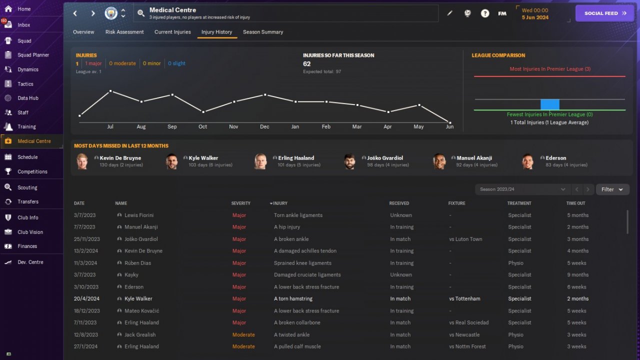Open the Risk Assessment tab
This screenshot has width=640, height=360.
124,32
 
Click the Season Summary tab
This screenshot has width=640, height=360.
263,32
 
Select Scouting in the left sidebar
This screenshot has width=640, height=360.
27,187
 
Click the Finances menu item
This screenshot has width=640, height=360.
27,246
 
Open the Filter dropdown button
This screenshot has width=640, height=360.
612,189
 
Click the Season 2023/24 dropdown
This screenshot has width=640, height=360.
522,189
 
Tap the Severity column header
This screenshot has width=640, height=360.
240,203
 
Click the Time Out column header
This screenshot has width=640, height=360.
575,203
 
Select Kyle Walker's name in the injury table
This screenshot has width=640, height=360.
138,298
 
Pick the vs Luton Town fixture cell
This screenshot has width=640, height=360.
465,239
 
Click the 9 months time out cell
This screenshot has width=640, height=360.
577,274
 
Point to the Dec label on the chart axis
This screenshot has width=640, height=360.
264,127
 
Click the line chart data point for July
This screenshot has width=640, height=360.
110,91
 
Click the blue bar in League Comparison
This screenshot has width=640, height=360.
549,104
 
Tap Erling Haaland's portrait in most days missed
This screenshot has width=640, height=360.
260,161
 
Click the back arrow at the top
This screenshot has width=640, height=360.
75,13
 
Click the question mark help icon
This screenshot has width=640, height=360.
485,13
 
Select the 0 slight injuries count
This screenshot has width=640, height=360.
176,63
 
